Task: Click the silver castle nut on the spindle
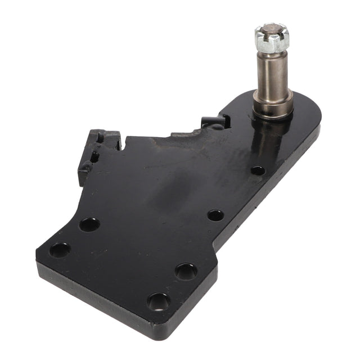pyautogui.click(x=272, y=38)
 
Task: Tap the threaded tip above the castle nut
pyautogui.click(x=271, y=27)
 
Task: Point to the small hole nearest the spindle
pyautogui.click(x=258, y=170)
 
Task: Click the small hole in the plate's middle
pyautogui.click(x=215, y=215)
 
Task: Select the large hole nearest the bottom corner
pyautogui.click(x=159, y=302)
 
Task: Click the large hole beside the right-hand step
pyautogui.click(x=186, y=271)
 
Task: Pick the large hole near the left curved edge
pyautogui.click(x=89, y=224)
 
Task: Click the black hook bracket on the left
pyautogui.click(x=97, y=148)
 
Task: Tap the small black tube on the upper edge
pyautogui.click(x=214, y=121)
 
